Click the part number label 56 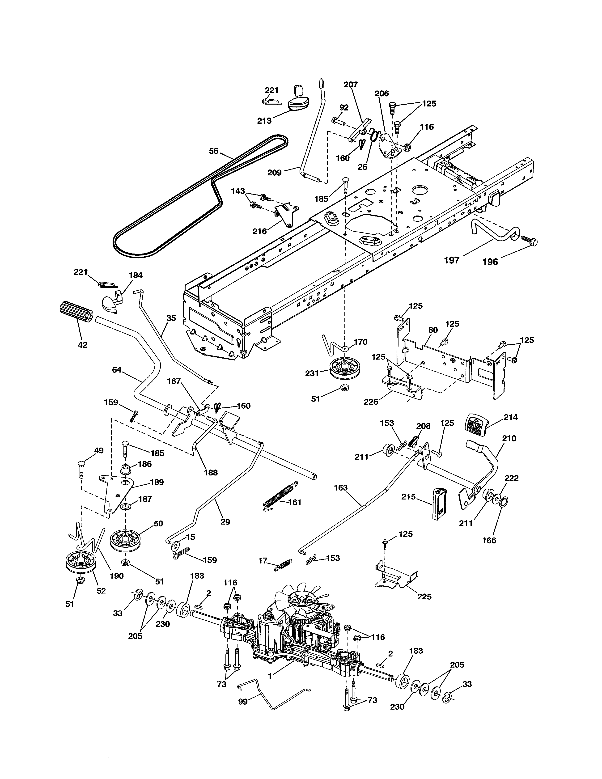213,151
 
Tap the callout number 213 264,121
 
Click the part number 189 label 157,482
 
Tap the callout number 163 341,488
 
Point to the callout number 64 117,370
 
